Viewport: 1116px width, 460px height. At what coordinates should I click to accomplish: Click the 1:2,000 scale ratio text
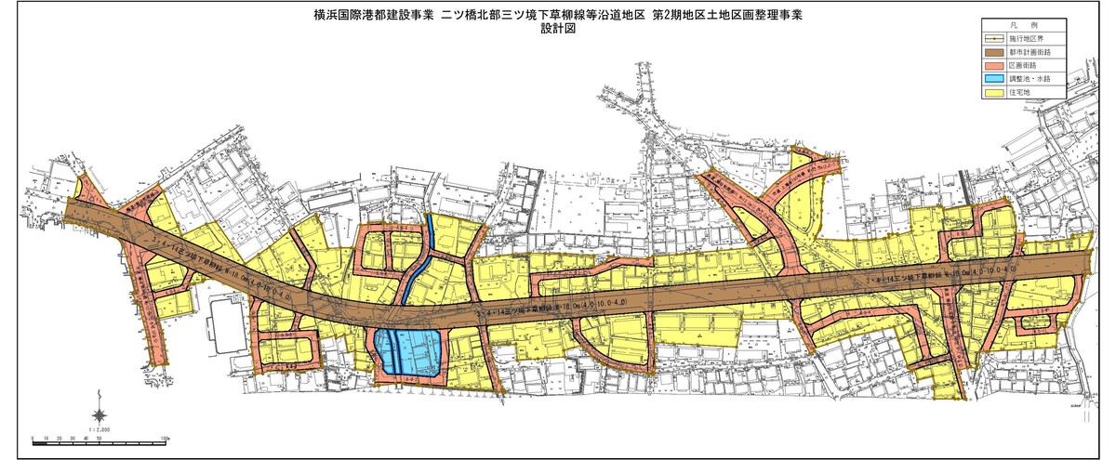pos(100,429)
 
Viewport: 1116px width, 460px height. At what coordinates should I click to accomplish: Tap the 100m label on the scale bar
pos(163,436)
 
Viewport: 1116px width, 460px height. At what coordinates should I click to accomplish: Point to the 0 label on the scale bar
pos(33,436)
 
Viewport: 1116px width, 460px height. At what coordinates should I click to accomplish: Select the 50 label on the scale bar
pos(98,436)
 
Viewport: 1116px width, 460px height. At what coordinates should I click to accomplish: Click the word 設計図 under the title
pos(558,29)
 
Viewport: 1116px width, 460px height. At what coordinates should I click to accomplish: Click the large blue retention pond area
pos(409,350)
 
